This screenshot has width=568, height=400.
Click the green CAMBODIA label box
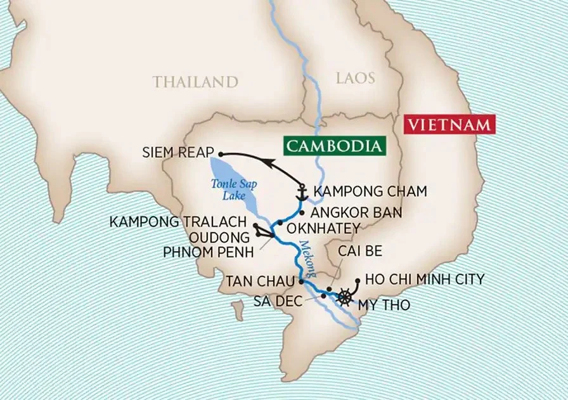pyautogui.click(x=335, y=146)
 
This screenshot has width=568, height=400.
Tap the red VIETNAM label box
pyautogui.click(x=448, y=124)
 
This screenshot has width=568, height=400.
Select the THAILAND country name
pyautogui.click(x=195, y=82)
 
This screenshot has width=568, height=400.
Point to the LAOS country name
pyautogui.click(x=354, y=78)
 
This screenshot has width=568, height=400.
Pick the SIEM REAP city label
pyautogui.click(x=179, y=153)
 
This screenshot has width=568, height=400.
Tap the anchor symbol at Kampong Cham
pyautogui.click(x=302, y=190)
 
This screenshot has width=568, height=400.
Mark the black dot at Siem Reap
pyautogui.click(x=221, y=153)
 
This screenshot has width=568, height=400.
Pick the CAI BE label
pyautogui.click(x=360, y=251)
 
